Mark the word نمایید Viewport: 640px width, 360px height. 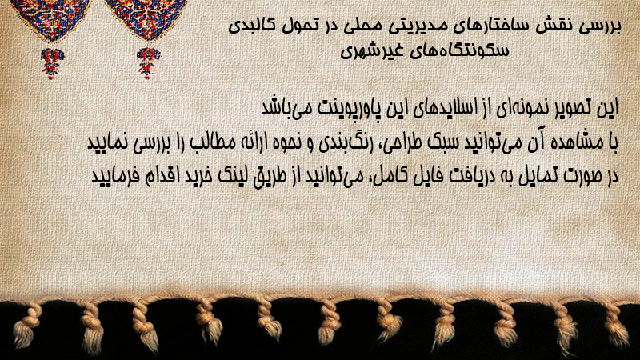pos(106,142)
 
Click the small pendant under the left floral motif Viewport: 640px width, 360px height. pos(52,63)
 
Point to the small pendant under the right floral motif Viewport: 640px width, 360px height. pos(148,63)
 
